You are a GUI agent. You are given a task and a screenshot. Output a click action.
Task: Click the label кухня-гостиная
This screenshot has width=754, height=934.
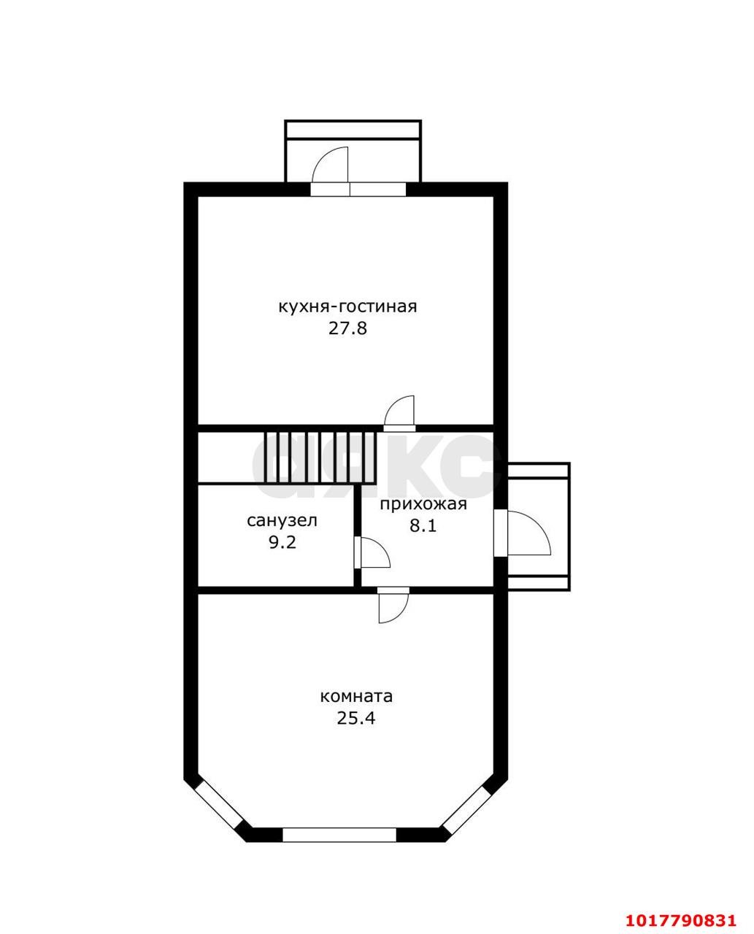coord(347,306)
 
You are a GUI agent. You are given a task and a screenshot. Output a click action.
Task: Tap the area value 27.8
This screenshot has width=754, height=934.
coord(347,328)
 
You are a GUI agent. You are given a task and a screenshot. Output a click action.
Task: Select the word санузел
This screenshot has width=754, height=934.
coord(282,521)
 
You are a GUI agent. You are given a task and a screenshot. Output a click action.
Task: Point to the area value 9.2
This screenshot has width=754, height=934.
coord(282,543)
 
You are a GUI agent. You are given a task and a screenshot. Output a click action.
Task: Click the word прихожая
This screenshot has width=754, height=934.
coord(423,504)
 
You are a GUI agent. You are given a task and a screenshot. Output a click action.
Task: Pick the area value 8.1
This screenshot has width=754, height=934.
coord(423,525)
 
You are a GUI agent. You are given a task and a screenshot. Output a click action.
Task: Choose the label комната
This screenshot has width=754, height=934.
coord(356,696)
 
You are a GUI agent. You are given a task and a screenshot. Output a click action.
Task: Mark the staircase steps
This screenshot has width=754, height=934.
coord(320,457)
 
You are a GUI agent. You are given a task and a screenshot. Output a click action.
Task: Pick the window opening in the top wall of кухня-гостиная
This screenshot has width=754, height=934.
coord(358,189)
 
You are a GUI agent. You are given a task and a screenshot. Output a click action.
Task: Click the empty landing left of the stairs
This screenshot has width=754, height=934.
coord(231,457)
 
